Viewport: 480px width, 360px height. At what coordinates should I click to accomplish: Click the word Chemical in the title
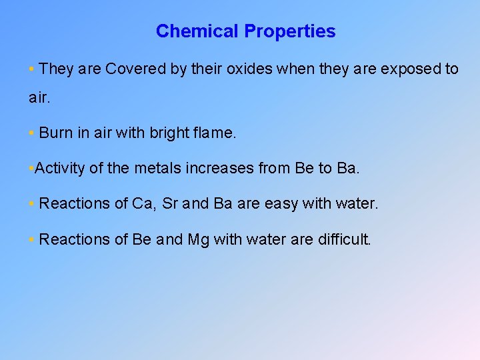tap(197, 31)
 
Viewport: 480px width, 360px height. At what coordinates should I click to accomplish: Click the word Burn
tap(56, 133)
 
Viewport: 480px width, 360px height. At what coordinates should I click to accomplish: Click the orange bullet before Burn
tap(32, 133)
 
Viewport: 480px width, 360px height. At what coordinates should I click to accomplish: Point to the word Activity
tap(60, 168)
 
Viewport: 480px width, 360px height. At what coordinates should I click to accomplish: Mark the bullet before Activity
tap(32, 169)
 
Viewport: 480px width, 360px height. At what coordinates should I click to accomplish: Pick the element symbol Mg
tap(198, 239)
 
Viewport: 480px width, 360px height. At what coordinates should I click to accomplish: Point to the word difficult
tap(341, 239)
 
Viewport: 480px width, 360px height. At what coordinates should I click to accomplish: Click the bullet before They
tap(32, 69)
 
